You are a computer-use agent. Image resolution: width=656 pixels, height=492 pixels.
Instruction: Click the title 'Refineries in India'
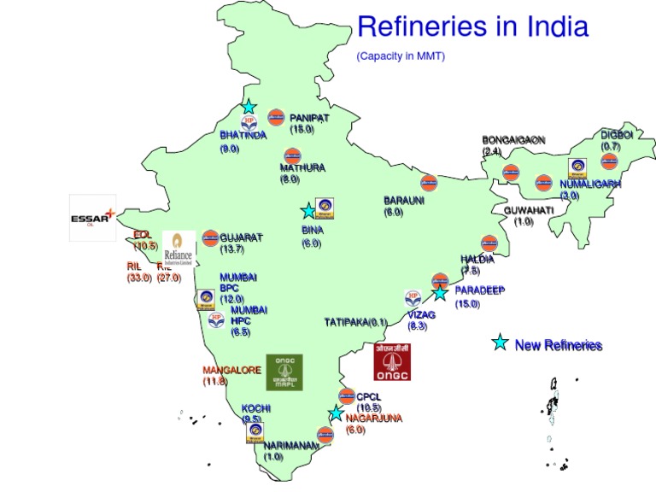pos(472,26)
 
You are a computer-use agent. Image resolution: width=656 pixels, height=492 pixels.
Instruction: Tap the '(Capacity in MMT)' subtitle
pos(401,56)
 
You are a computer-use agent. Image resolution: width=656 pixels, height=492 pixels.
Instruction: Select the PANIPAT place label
pos(309,117)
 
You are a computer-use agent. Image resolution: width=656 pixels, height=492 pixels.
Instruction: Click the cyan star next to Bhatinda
pos(248,107)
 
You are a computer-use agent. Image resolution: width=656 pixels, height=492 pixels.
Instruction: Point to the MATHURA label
pos(302,167)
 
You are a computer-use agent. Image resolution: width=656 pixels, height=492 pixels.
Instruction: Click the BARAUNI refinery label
pos(403,201)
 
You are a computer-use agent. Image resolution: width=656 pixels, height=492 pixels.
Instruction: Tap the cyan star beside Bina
pos(307,211)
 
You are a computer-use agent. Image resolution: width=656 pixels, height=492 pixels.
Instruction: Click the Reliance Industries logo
pos(179,248)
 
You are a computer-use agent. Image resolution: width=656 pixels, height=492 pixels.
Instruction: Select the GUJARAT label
pos(241,237)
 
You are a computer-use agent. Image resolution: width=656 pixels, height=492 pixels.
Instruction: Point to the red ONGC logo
pos(392,361)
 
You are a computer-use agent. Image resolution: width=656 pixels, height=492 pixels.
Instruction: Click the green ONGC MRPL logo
pos(284,372)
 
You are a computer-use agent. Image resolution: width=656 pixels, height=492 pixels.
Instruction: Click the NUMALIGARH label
pos(590,184)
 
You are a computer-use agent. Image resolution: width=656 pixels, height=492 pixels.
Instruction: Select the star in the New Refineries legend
pos(500,343)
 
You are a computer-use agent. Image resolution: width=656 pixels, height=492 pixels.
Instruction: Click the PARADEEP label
pos(479,290)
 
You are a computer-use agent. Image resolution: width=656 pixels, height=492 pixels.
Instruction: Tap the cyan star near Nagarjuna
pos(336,413)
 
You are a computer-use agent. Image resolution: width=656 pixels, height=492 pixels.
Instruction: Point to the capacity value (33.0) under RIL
pos(139,278)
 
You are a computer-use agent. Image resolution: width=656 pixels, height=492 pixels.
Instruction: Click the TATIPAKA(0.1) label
pos(355,322)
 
